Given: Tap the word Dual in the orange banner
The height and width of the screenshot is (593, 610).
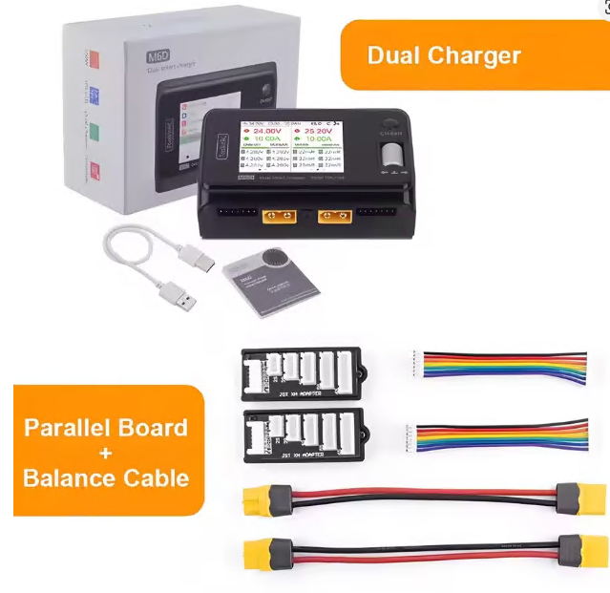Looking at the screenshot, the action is click(x=391, y=54).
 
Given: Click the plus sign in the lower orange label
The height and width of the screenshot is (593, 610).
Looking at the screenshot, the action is click(x=106, y=452).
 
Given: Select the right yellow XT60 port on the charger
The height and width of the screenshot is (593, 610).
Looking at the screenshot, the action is click(x=336, y=215).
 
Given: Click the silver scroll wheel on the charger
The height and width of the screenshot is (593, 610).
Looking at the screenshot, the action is click(x=389, y=158).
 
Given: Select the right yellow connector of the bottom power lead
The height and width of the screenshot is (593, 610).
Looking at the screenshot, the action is click(x=579, y=552).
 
